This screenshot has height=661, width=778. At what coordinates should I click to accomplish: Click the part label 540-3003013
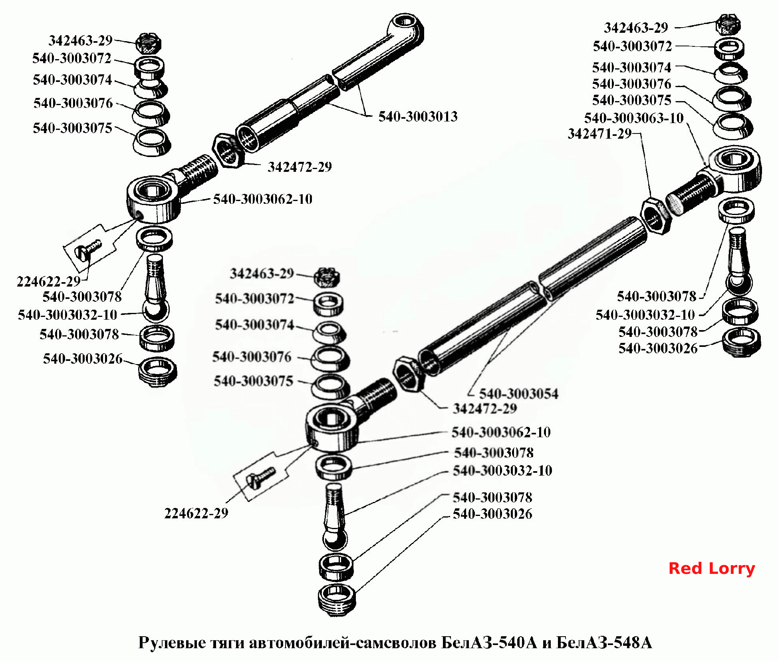[418, 116]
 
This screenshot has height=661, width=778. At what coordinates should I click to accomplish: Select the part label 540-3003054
[518, 394]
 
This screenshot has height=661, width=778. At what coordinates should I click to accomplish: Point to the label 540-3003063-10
[634, 118]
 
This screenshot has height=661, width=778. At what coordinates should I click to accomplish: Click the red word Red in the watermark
[685, 568]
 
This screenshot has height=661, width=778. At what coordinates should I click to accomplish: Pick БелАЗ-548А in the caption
[604, 642]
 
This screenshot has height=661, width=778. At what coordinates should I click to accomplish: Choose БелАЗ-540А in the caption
[489, 642]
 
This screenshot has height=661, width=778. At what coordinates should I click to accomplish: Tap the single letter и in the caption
[546, 643]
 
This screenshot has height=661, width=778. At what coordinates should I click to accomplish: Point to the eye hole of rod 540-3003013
[405, 21]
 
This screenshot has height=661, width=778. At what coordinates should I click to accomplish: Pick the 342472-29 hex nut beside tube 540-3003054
[408, 374]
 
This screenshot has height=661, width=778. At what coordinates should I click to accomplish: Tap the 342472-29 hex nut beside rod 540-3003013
[228, 151]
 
